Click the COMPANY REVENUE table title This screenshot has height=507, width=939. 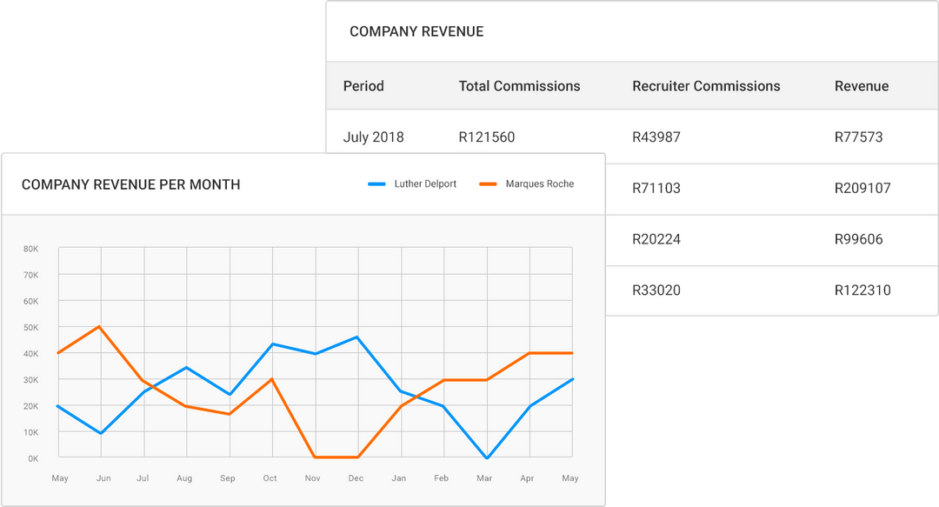416,31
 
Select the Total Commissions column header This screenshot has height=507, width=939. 519,86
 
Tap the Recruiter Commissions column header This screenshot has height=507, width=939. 706,86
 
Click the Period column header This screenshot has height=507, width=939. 363,86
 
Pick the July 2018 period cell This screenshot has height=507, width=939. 373,137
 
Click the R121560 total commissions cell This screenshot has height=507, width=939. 486,137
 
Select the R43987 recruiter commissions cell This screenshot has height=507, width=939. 657,137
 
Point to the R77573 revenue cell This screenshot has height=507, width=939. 858,137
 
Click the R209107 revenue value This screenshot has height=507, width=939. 862,188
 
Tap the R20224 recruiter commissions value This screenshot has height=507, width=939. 657,239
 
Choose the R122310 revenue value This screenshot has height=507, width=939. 862,290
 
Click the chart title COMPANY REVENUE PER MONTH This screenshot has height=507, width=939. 130,184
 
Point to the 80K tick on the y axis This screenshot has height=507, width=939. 30,249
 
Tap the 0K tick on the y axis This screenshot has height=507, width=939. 32,458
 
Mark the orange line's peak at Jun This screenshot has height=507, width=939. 101,327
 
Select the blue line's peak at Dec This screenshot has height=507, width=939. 357,337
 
